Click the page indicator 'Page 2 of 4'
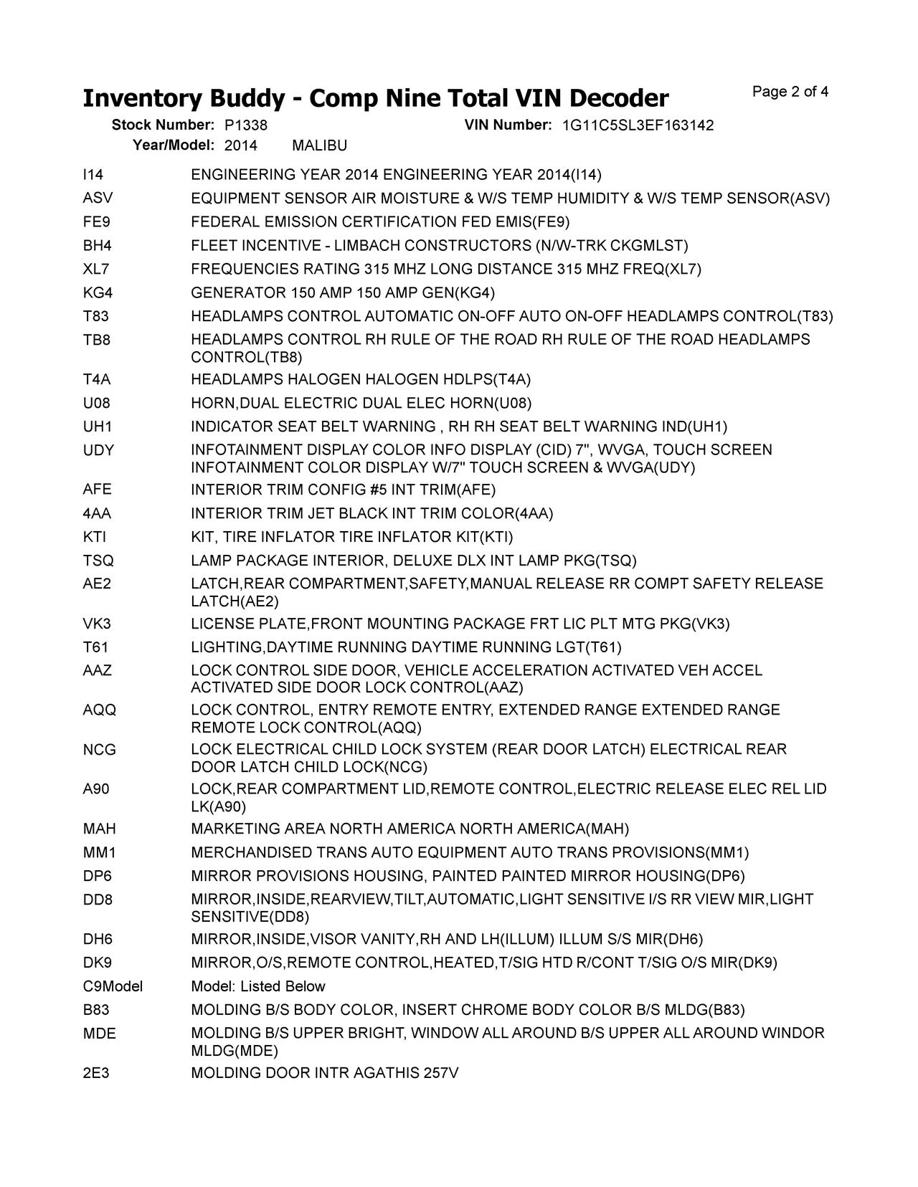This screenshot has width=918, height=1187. pyautogui.click(x=790, y=92)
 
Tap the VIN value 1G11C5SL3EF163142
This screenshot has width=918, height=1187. pyautogui.click(x=638, y=125)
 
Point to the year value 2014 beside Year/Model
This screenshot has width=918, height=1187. pyautogui.click(x=241, y=146)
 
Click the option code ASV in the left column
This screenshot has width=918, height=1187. pyautogui.click(x=98, y=198)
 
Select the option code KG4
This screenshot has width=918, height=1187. pyautogui.click(x=98, y=292)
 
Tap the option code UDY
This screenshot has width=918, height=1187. pyautogui.click(x=98, y=450)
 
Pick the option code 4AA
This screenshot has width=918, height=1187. pyautogui.click(x=97, y=513)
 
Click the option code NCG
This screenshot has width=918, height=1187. pyautogui.click(x=99, y=750)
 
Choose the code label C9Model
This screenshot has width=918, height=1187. pyautogui.click(x=113, y=986)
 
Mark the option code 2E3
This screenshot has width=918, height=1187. pyautogui.click(x=96, y=1073)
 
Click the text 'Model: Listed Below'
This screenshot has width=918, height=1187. pyautogui.click(x=258, y=986)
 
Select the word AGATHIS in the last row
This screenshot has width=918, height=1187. pyautogui.click(x=387, y=1073)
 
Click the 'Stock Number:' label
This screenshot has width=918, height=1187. pyautogui.click(x=163, y=125)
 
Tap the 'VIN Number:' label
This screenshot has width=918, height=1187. pyautogui.click(x=508, y=125)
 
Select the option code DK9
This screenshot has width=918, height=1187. pyautogui.click(x=97, y=963)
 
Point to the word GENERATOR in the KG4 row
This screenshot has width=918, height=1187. pyautogui.click(x=238, y=292)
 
